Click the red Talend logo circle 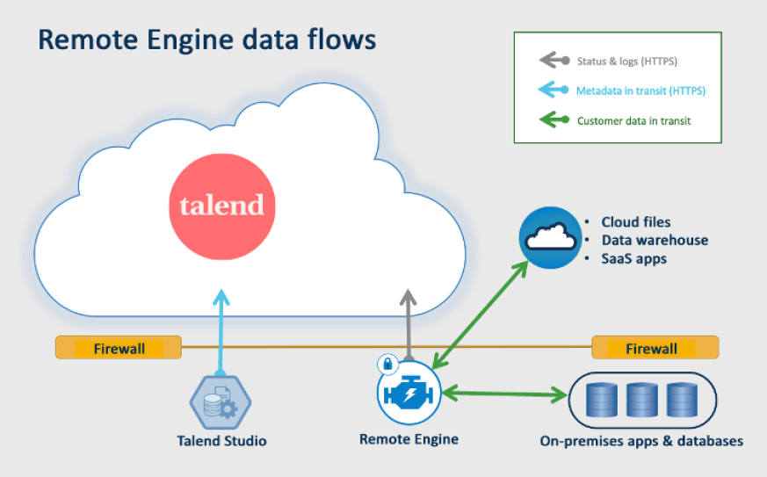(221, 206)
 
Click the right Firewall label (651, 349)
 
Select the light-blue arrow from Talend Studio (220, 334)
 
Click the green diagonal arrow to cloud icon (481, 312)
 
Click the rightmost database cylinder (681, 400)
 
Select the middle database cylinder (641, 400)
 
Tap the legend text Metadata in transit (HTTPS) (640, 90)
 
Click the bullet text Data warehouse (654, 240)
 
